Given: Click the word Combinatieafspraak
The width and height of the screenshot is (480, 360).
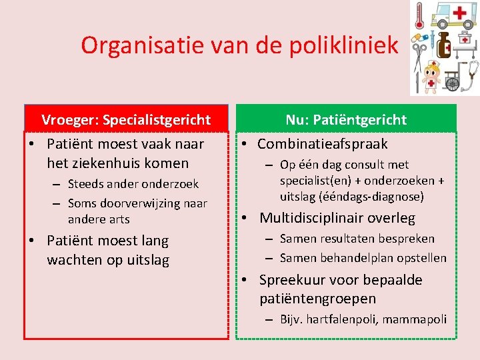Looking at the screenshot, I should pos(322,144).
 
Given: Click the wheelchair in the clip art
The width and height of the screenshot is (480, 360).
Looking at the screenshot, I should pos(452,76).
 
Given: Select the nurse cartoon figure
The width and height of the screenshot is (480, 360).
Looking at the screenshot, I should pos(431,75).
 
